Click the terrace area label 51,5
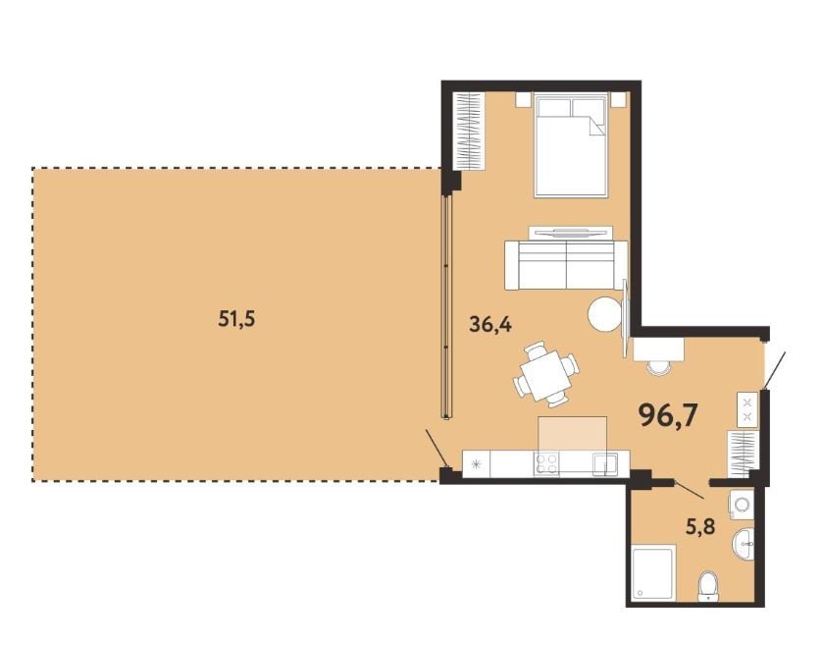point(236,318)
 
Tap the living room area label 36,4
point(490,325)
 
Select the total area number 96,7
point(668,416)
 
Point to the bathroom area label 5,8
point(700,525)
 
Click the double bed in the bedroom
point(571,145)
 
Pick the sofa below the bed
point(566,265)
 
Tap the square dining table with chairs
point(545,374)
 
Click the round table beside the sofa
point(604,314)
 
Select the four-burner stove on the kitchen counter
point(546,464)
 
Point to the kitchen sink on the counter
point(605,464)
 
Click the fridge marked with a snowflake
point(476,464)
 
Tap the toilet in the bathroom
point(709,586)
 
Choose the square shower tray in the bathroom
point(654,573)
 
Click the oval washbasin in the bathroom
point(743,544)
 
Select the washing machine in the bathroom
point(742,505)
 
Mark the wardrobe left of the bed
point(469,132)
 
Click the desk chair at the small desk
point(659,367)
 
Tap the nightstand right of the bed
point(619,100)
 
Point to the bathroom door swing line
point(689,489)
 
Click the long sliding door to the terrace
point(446,307)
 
